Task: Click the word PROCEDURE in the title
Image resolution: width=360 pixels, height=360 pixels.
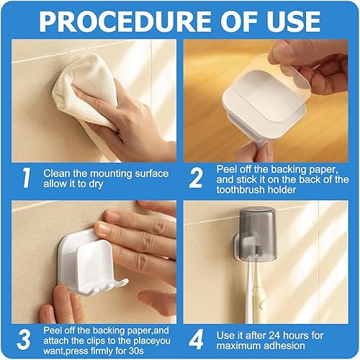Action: pos(125,21)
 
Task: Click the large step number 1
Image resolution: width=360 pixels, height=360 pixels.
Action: pos(26,178)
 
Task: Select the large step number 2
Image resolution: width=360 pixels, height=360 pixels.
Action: pos(196,178)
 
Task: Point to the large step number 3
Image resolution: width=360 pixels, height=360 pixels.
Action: pos(24,340)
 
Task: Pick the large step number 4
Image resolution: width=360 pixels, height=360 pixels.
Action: pos(196,340)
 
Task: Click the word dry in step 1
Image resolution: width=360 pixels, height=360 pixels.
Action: pos(96,184)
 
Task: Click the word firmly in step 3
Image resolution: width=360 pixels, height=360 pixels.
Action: pos(102,351)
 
